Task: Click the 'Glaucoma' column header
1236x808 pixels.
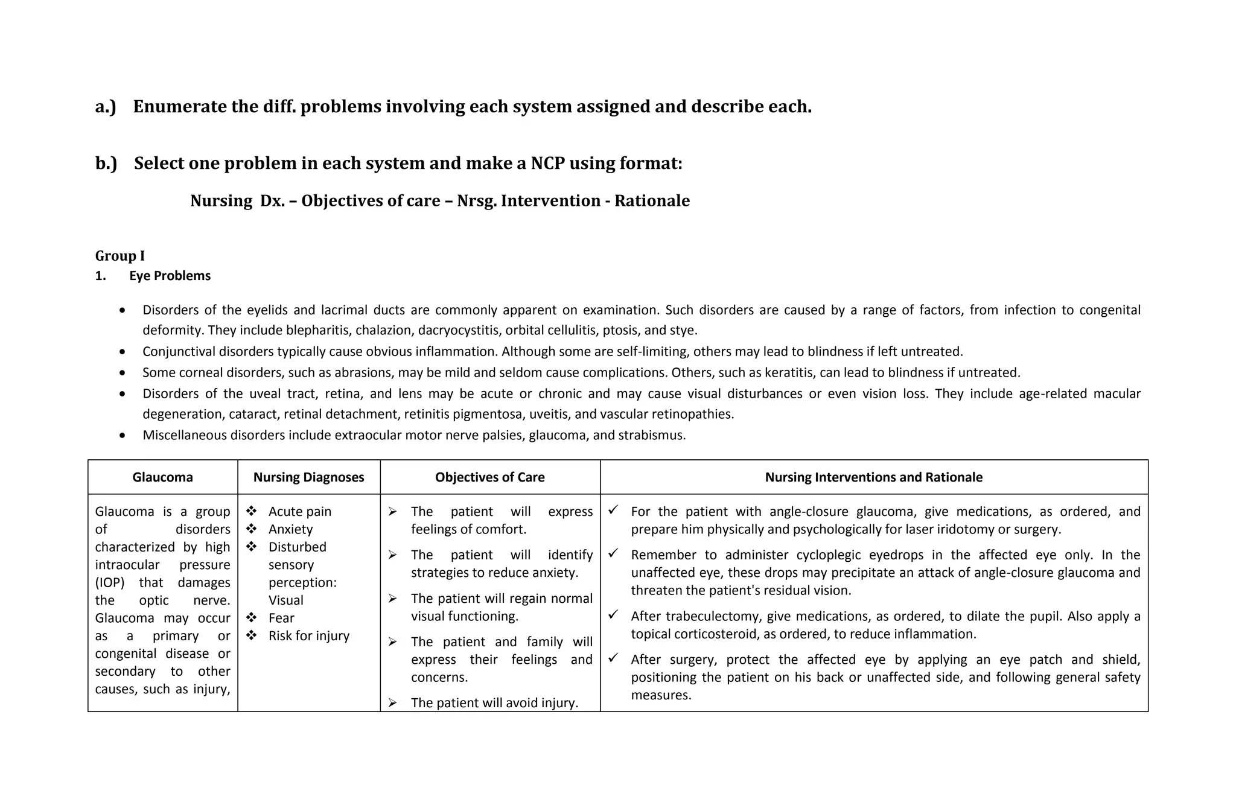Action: (162, 477)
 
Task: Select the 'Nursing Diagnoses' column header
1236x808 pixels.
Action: (308, 477)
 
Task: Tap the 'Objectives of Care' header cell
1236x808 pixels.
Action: (489, 477)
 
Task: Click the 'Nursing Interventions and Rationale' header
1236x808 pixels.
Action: (873, 477)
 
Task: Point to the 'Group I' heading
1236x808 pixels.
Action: (119, 256)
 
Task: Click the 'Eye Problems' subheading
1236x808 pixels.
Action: (170, 276)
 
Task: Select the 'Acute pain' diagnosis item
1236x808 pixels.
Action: (299, 512)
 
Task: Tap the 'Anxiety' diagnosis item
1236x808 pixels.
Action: (290, 529)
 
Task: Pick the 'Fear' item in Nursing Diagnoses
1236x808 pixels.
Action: (281, 618)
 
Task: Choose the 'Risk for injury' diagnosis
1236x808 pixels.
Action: (308, 636)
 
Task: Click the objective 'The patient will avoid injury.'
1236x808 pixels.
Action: (494, 703)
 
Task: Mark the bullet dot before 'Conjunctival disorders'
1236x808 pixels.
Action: (123, 352)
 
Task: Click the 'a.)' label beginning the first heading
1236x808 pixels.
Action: (106, 107)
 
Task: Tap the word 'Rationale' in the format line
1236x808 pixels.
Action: (652, 201)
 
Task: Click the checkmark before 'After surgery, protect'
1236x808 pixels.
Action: (614, 658)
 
